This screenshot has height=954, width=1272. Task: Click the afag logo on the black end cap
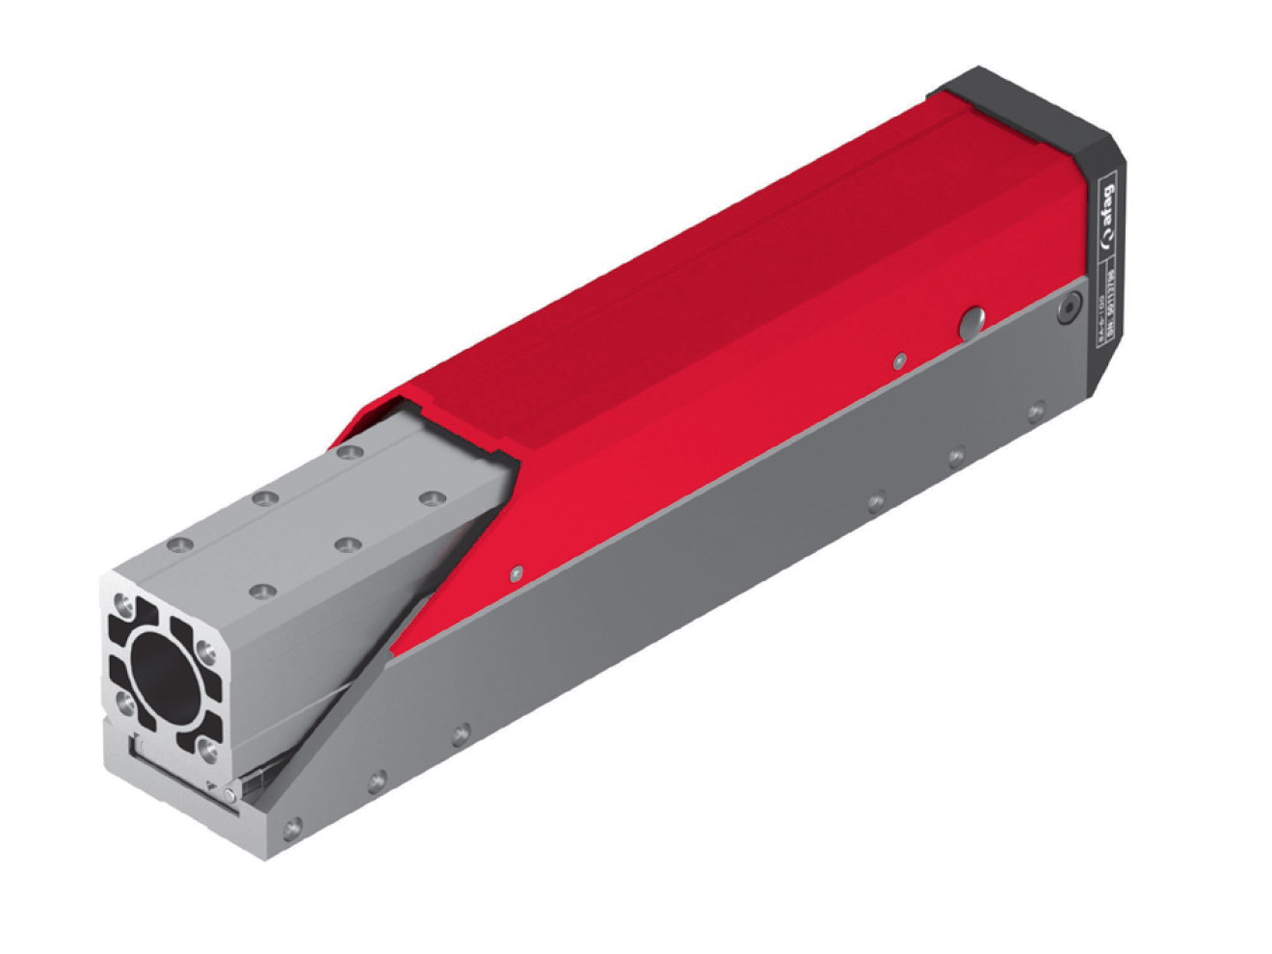pyautogui.click(x=1108, y=211)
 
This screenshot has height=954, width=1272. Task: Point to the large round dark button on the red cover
pyautogui.click(x=971, y=323)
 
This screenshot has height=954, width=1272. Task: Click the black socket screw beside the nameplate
pyautogui.click(x=1067, y=308)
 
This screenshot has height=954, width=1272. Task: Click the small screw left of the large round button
pyautogui.click(x=898, y=360)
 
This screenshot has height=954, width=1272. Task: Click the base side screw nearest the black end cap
pyautogui.click(x=1037, y=411)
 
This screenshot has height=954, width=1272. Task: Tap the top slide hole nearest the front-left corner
pyautogui.click(x=176, y=545)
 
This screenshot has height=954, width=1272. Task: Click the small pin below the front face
pyautogui.click(x=229, y=794)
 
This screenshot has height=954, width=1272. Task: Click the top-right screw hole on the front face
pyautogui.click(x=206, y=649)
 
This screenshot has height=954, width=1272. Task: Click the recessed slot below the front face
pyautogui.click(x=183, y=771)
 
